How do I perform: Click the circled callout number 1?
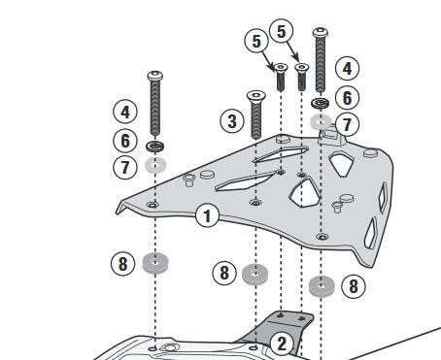pos(208,215)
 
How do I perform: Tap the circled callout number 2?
pos(282,344)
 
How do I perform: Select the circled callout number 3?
pos(232,121)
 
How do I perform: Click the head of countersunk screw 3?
pos(256,95)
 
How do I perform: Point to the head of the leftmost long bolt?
pos(154,76)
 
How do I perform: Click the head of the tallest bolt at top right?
pos(321,32)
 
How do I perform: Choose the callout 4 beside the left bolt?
pos(125,112)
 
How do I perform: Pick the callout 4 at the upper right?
pos(347,69)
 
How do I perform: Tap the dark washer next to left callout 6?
pos(154,147)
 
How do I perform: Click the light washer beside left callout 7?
pos(155,165)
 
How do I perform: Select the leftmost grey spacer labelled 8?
pos(155,263)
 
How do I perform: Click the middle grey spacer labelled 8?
pos(255,275)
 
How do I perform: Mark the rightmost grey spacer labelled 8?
pos(322,286)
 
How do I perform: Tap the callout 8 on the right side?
pos(354,286)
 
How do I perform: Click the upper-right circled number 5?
pos(282,31)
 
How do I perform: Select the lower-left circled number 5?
pos(256,41)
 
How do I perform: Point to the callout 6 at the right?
pos(347,98)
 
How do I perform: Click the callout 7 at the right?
pos(347,124)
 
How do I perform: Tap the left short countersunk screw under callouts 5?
pos(281,77)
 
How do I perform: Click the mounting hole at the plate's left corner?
pos(153,205)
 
